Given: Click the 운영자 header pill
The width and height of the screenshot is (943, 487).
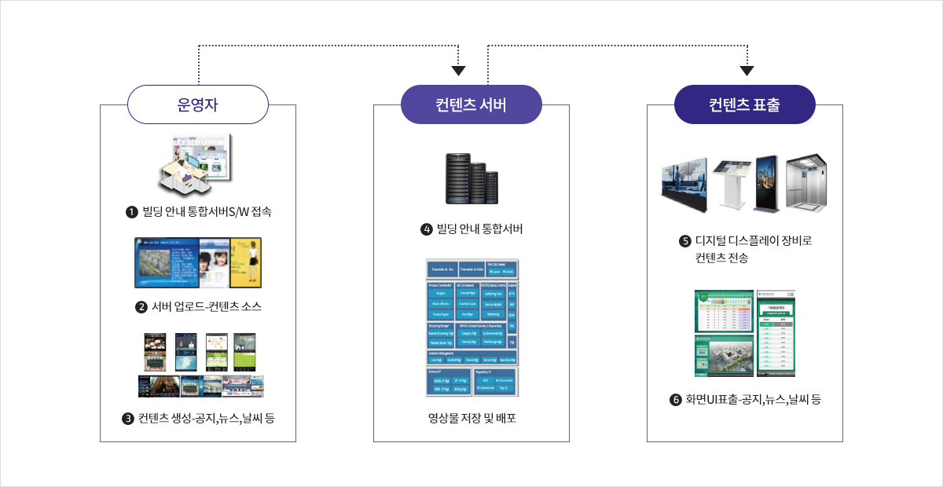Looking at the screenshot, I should [x=198, y=104].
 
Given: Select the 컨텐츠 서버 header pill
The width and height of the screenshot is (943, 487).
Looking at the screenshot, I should [x=472, y=104].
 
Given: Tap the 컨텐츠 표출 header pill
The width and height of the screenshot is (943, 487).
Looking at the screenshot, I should [x=745, y=104].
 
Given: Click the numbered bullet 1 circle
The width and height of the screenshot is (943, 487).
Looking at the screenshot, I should [x=132, y=211].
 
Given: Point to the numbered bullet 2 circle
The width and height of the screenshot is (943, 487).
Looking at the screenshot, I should [x=141, y=306].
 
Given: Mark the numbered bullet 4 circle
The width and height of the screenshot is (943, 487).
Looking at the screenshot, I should [x=427, y=229].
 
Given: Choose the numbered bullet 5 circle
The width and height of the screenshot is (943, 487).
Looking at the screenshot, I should [x=684, y=241].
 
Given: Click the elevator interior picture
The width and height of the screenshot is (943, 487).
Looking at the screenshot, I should [x=806, y=182].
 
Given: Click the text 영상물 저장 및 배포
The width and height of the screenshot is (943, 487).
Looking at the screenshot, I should [x=472, y=418].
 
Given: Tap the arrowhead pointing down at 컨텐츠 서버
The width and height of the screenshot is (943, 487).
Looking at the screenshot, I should [x=459, y=70].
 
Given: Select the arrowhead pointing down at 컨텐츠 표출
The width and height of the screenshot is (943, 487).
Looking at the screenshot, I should [x=747, y=70].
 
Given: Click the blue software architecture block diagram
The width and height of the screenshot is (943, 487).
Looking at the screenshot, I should [x=472, y=327].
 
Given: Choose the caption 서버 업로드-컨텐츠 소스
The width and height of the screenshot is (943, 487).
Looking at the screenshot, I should [x=206, y=306].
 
